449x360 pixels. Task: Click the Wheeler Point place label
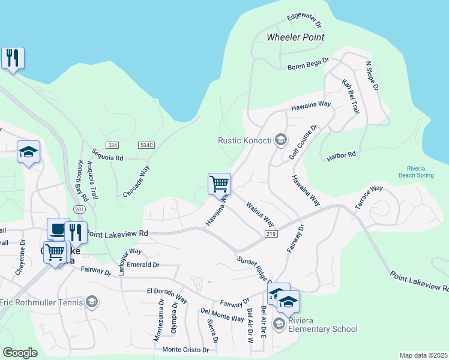coord(295,37)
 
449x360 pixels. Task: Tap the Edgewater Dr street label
coord(304,21)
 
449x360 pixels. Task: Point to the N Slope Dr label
coord(372,76)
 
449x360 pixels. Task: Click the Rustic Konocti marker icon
coord(279,140)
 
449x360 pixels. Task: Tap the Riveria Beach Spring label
coord(415,172)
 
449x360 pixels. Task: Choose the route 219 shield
coord(270,233)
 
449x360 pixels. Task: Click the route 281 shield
coord(79,209)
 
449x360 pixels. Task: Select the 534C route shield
coord(146,145)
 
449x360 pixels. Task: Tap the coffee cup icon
coord(58,229)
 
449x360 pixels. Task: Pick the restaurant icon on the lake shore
coord(13,58)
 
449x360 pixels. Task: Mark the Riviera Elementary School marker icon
coord(279,324)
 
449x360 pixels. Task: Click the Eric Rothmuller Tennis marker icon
coord(92,301)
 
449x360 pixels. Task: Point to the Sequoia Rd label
coord(108,158)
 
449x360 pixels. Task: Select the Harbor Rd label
coord(342,155)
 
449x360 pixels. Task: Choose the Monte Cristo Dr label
coord(185,349)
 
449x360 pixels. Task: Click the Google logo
coord(20,353)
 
